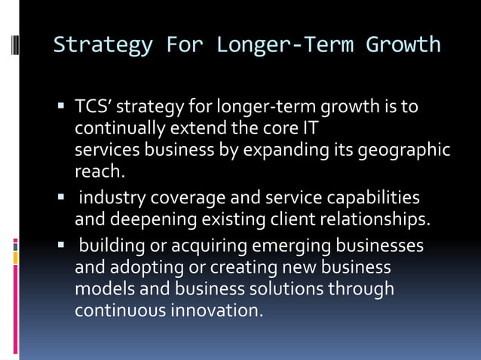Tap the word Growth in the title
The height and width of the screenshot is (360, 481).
click(403, 44)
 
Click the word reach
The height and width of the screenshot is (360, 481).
click(99, 172)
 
